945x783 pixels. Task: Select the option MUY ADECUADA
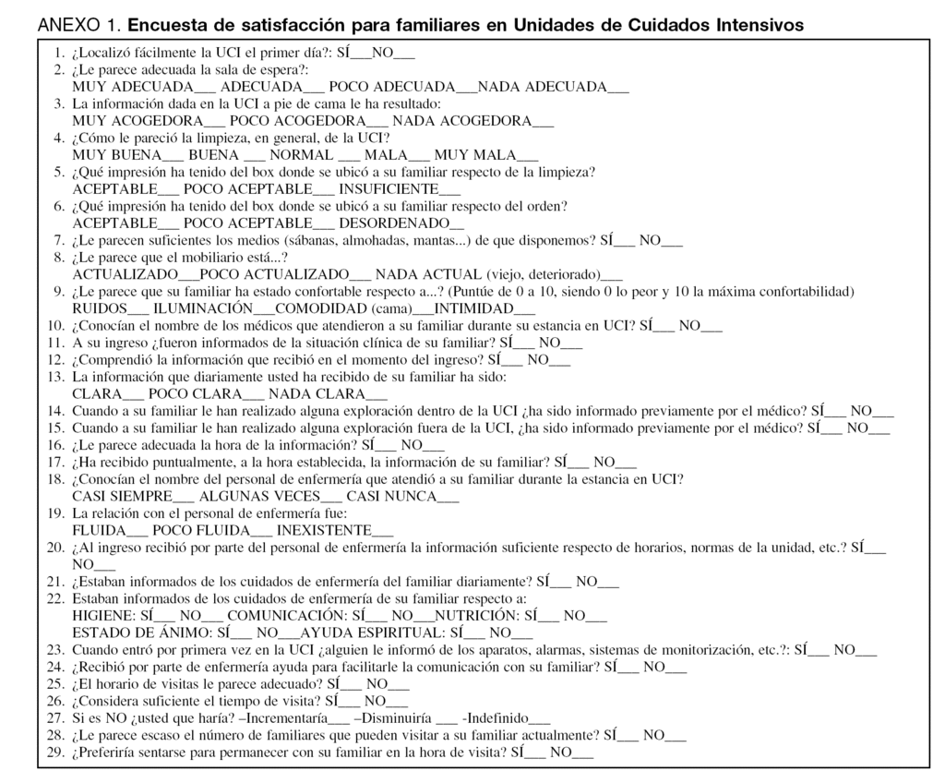click(x=133, y=87)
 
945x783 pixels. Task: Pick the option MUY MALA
click(x=475, y=155)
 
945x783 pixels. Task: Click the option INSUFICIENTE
click(x=388, y=189)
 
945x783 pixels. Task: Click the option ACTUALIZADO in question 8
click(x=125, y=274)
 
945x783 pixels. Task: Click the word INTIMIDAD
click(x=473, y=308)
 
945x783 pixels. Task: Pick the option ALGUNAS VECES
click(x=249, y=496)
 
